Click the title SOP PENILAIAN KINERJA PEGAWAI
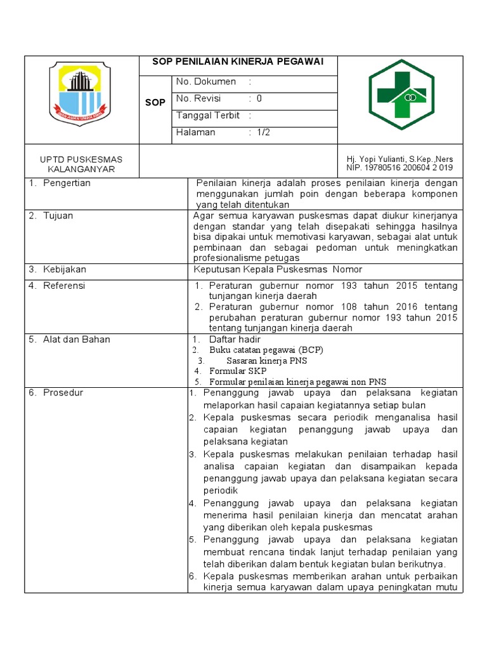(x=238, y=62)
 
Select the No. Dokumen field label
(x=206, y=82)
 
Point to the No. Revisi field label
(x=202, y=99)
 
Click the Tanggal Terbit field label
(x=208, y=116)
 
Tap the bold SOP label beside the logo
(x=155, y=103)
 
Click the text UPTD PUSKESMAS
(x=81, y=159)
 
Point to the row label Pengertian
(x=67, y=183)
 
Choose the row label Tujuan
(x=58, y=216)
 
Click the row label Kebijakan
(x=64, y=270)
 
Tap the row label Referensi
(x=64, y=286)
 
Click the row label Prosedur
(x=62, y=393)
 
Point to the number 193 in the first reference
(x=348, y=286)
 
